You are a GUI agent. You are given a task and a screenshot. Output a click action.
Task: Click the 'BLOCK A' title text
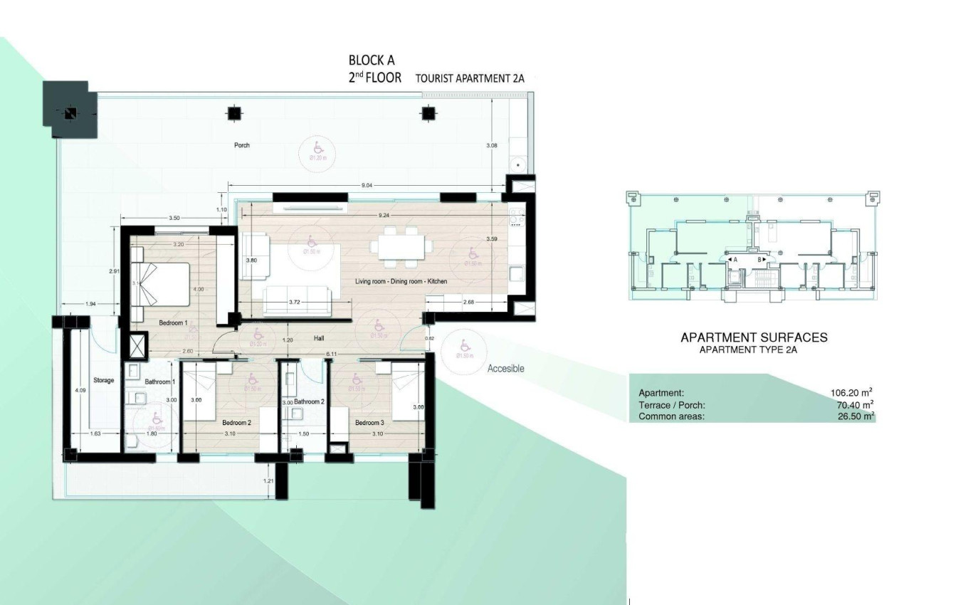[x=371, y=60]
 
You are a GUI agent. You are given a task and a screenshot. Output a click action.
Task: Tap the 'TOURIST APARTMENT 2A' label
[x=470, y=79]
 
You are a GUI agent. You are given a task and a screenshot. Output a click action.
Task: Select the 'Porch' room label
[x=242, y=145]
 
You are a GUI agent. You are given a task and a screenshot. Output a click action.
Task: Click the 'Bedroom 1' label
[x=173, y=323]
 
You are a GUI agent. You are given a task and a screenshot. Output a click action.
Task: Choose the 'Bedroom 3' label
[x=371, y=423]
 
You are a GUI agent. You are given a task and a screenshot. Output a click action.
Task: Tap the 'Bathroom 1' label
[x=160, y=382]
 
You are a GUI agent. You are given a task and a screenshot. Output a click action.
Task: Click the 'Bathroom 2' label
[x=309, y=402]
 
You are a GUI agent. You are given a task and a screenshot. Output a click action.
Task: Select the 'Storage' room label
[x=103, y=381]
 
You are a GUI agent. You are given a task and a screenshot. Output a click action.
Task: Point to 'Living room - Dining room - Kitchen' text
[x=401, y=282]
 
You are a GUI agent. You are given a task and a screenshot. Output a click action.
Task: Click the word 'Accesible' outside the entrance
[x=505, y=369]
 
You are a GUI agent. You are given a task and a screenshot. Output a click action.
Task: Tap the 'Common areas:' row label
[x=671, y=417]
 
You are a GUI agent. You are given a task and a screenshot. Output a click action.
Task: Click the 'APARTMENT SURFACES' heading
[x=754, y=337]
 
